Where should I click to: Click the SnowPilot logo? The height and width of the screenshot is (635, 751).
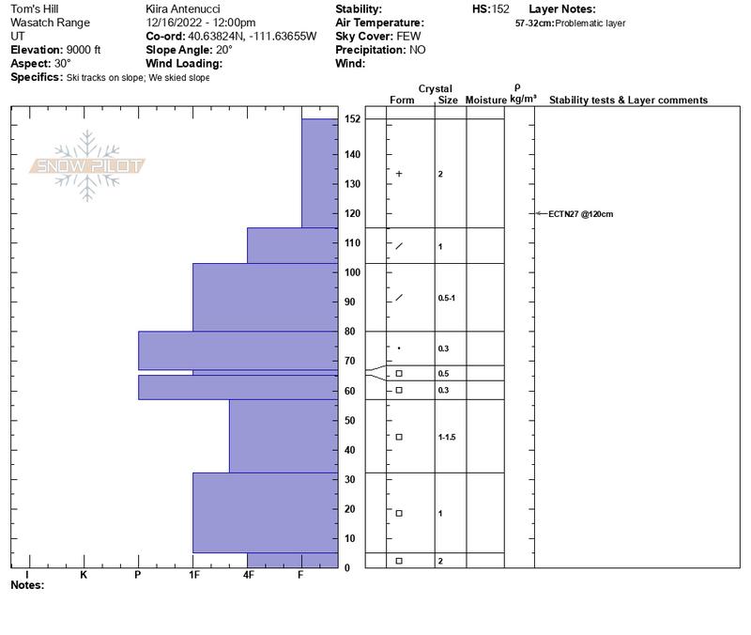coord(86,166)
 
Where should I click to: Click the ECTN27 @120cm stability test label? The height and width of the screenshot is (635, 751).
coord(580,214)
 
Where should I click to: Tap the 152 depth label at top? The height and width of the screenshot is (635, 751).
coord(352,119)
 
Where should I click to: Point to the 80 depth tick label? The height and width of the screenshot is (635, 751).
coord(349,332)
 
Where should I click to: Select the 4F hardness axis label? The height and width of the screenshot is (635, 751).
coord(248,575)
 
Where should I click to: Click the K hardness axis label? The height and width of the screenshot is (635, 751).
coord(84,575)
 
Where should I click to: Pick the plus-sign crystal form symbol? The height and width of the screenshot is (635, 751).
coord(399,174)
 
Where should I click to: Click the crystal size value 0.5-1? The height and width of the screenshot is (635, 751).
coord(447,298)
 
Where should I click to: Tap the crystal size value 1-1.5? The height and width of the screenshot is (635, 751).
coord(447,437)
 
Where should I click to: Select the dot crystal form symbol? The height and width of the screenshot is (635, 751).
coord(399,348)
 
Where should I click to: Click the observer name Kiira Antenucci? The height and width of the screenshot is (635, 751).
coord(183,8)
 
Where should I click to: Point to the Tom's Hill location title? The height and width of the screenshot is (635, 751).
coord(35,8)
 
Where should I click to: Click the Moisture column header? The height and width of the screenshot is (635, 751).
coord(485,100)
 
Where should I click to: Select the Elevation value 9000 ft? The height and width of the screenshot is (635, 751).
coord(84,50)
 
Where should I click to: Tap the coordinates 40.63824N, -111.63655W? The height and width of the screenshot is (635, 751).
coord(252,36)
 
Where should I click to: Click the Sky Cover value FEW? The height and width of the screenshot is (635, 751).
coord(408,36)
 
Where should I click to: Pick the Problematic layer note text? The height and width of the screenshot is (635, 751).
coord(590,23)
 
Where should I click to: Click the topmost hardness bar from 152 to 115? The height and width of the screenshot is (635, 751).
coord(320,173)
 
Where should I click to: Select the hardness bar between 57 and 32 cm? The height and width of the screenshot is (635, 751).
coord(284,436)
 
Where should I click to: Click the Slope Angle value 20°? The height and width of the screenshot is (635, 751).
coord(224,50)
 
